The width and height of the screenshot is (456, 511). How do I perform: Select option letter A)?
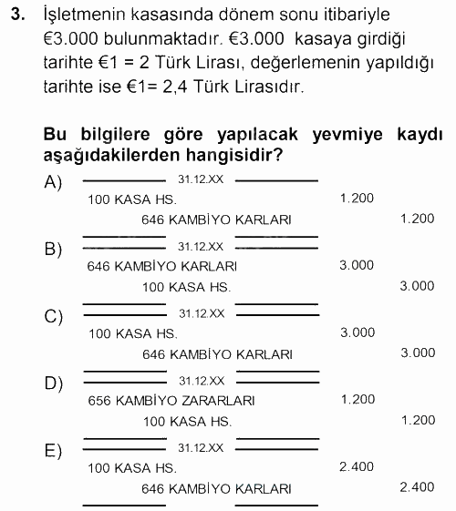pos(53,182)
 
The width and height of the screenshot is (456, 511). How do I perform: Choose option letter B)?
pos(53,249)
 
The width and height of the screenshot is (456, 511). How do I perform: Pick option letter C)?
pos(53,316)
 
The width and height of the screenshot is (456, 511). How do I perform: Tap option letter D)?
pos(53,383)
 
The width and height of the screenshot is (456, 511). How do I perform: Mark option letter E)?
pos(53,450)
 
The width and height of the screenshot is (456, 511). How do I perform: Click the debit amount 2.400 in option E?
pos(357,466)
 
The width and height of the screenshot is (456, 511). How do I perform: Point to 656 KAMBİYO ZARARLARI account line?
pos(159,400)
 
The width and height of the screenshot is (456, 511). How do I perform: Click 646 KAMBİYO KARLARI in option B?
pos(162,266)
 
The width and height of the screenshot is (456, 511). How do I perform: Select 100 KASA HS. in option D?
pos(188,422)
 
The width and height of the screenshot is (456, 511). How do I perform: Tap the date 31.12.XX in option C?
pos(201,312)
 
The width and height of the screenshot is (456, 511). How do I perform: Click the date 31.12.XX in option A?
pos(201,179)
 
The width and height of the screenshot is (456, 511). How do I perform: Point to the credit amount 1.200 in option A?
pos(418,219)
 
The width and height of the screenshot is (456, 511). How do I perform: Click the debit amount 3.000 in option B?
pos(357,265)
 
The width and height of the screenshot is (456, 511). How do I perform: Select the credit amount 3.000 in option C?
pos(418,353)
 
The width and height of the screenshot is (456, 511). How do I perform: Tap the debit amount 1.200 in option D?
pos(357,399)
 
